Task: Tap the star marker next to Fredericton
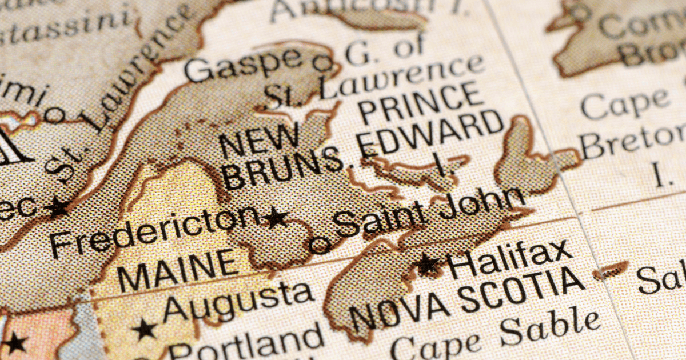point(277,217)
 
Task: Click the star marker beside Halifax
point(428,264)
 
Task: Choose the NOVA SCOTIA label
point(466,299)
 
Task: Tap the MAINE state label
point(177,269)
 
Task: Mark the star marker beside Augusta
point(144,329)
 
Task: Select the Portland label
point(246,343)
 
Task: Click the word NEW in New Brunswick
point(260,140)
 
